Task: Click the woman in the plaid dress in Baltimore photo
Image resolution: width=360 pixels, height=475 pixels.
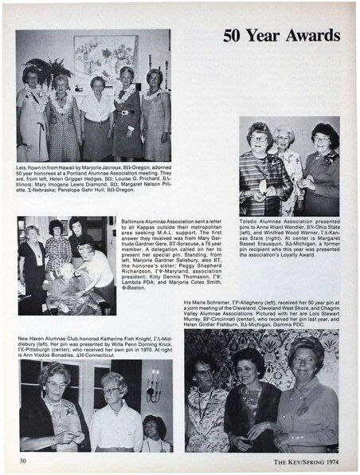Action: [57, 255]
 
